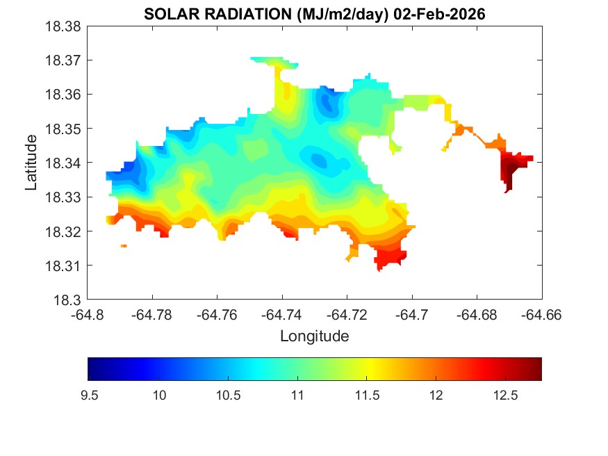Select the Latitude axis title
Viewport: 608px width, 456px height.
pos(31,163)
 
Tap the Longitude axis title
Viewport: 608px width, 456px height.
pos(314,336)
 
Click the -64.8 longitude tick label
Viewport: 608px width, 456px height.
pos(88,314)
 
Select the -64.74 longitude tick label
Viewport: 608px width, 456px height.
pos(282,314)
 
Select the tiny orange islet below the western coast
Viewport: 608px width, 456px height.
pos(124,245)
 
